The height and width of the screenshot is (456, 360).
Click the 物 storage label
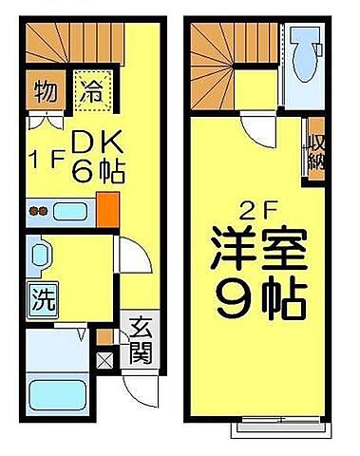pyautogui.click(x=44, y=93)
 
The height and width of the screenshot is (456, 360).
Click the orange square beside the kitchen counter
pyautogui.click(x=107, y=208)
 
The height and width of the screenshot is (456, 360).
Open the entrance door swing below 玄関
pyautogui.click(x=135, y=386)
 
